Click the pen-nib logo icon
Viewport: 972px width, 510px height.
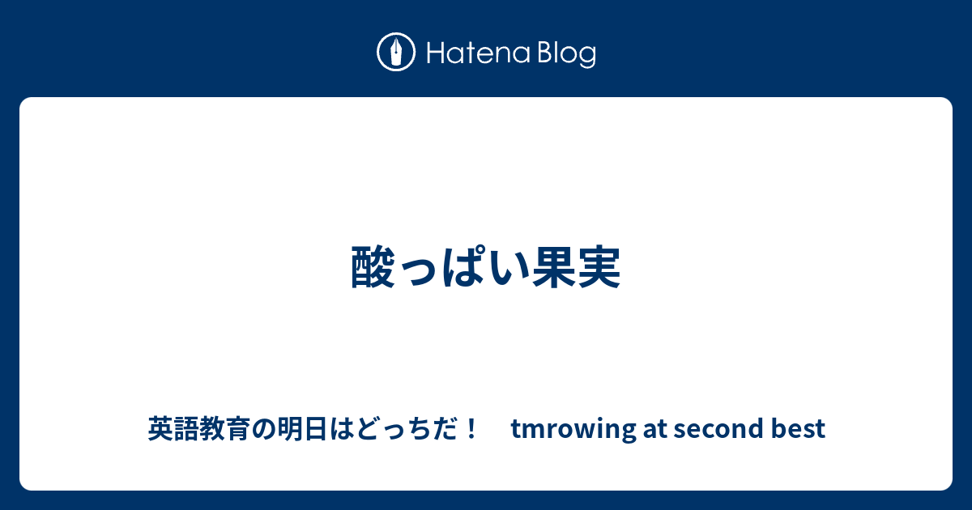396,52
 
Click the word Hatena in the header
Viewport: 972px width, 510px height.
479,53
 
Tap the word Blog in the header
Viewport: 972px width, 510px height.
567,55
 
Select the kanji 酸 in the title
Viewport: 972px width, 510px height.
373,266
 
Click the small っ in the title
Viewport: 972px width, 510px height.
418,272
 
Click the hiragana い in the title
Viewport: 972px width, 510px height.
508,268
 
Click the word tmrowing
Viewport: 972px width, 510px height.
573,429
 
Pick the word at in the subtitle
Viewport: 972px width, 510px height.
654,428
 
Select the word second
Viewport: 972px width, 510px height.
718,428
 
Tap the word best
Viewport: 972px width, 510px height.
798,428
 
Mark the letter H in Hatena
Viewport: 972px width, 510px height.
436,53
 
